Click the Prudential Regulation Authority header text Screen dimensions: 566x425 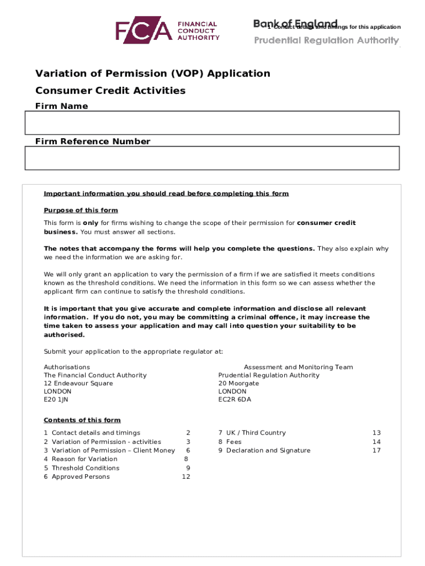tap(326, 40)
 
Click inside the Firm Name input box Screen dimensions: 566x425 tap(212, 123)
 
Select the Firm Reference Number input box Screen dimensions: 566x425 tap(212, 158)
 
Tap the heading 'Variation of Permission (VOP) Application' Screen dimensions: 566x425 tap(153, 74)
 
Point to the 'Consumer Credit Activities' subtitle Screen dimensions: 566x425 tap(110, 91)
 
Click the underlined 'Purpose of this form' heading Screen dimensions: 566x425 tap(81, 211)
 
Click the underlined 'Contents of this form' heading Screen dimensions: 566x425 tap(82, 420)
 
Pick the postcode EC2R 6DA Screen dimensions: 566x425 tap(235, 399)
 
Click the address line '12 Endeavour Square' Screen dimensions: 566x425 tap(78, 383)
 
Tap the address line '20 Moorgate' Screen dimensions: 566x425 tap(238, 383)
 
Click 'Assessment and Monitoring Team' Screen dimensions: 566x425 tap(298, 367)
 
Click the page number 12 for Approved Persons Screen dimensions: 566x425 tap(186, 476)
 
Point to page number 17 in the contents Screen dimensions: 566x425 tap(376, 450)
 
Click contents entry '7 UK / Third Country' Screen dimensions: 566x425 tap(252, 433)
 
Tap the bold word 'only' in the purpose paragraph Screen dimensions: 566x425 tap(83, 223)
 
